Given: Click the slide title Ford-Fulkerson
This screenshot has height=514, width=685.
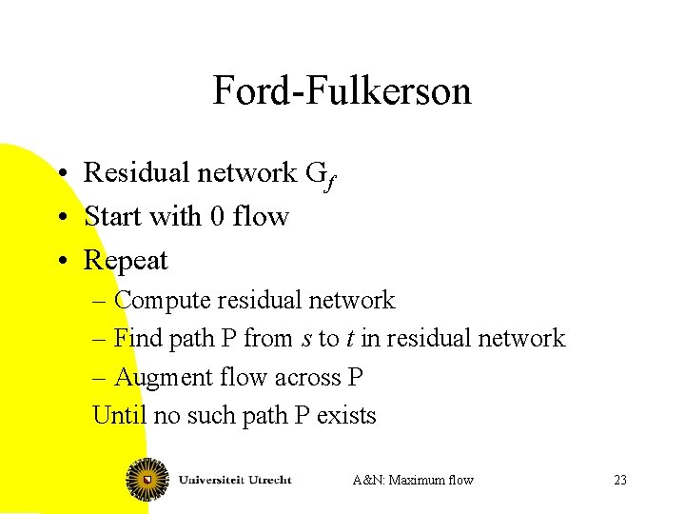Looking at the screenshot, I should point(342,91).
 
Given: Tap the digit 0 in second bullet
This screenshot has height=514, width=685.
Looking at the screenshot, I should point(217,216).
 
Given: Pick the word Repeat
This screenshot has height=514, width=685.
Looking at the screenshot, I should point(126,260).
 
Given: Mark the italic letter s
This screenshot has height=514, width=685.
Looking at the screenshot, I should point(305,340).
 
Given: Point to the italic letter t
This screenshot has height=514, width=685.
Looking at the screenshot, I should point(350,339).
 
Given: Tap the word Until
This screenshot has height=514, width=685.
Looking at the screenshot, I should point(114,416).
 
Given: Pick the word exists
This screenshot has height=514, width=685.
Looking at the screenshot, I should point(346,416).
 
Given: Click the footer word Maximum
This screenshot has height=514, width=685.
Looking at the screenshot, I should point(421,480).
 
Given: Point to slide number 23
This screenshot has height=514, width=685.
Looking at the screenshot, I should point(620,480).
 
